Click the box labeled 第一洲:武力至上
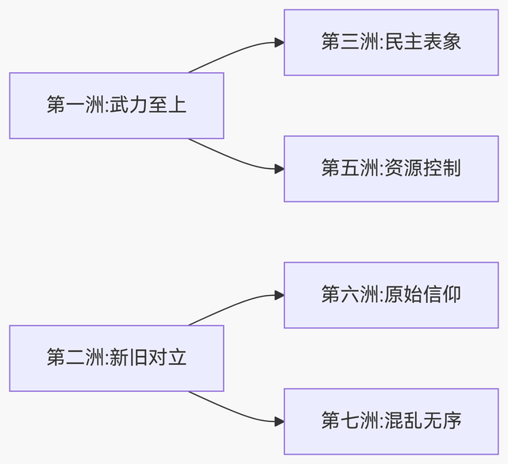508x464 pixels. point(117,105)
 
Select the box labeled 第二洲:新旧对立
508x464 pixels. point(117,358)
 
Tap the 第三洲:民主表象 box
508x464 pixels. point(391,43)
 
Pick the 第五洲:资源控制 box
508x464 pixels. point(391,168)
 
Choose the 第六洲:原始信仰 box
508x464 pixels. point(391,295)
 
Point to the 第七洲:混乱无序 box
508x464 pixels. point(391,421)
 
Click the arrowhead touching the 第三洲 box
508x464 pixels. point(279,43)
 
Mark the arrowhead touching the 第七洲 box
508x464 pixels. point(279,421)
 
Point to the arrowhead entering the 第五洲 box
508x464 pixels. point(279,169)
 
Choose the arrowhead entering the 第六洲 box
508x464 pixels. point(279,295)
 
